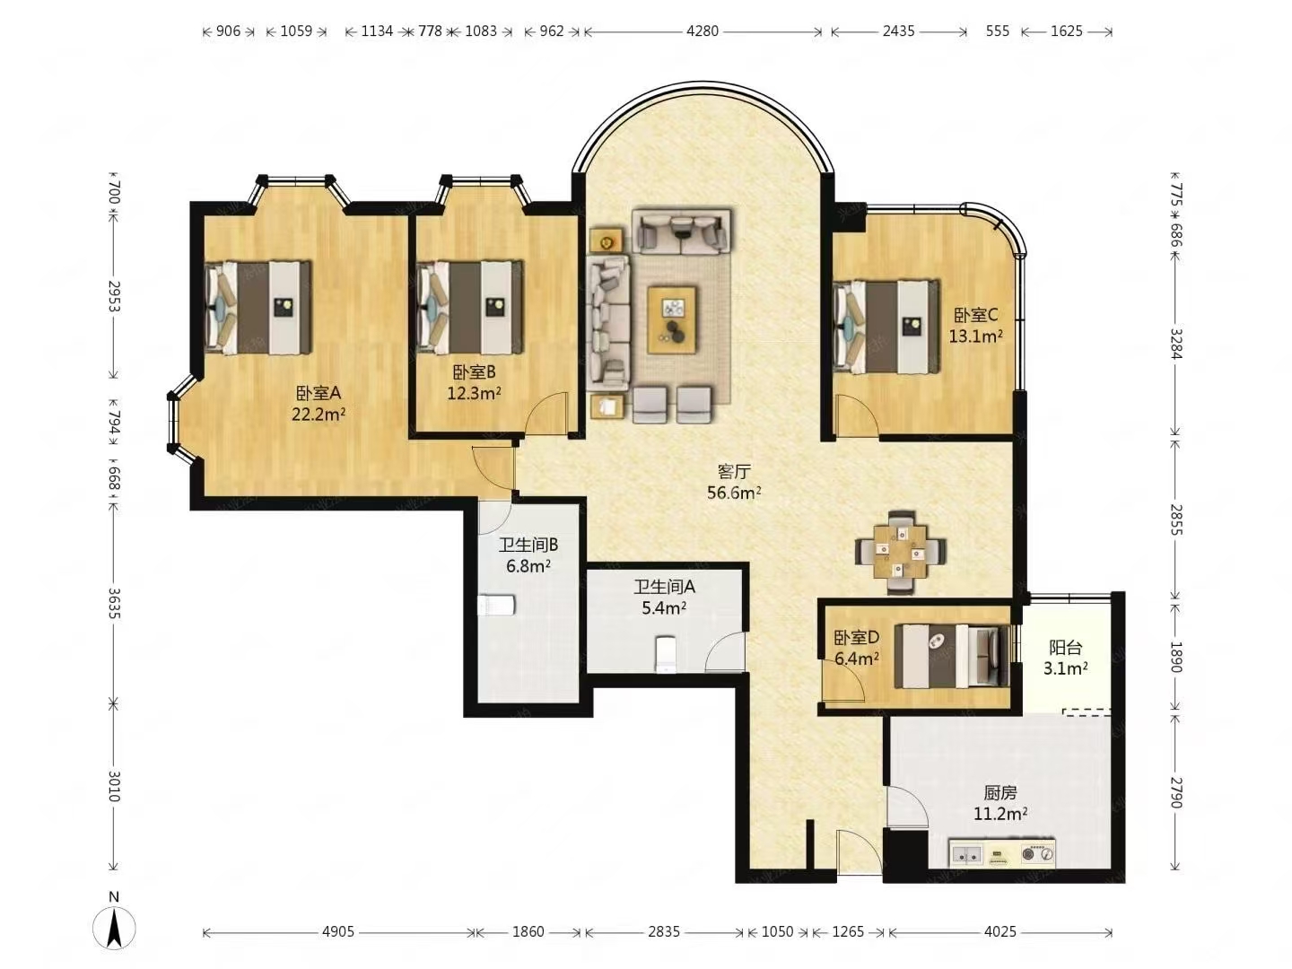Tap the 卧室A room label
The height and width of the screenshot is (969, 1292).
click(x=319, y=392)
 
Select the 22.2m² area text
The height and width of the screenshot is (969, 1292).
click(x=319, y=414)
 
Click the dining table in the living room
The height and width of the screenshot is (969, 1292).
click(x=901, y=552)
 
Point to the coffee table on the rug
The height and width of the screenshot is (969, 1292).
click(x=672, y=320)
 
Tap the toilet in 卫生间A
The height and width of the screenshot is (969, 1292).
click(x=666, y=653)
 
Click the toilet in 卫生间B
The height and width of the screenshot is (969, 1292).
click(x=496, y=605)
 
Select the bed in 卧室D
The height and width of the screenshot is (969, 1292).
click(x=952, y=655)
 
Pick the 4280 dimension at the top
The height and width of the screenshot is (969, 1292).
click(x=703, y=31)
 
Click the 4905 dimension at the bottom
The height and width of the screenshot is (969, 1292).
click(x=338, y=931)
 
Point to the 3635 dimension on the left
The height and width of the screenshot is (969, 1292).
click(x=114, y=603)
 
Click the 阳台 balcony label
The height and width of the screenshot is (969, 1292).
click(x=1065, y=648)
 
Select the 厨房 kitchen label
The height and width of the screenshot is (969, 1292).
click(x=1000, y=793)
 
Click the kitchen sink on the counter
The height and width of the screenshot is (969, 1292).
click(x=966, y=853)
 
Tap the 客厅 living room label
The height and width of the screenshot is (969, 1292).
click(x=734, y=472)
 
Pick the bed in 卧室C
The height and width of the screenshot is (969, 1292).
click(x=886, y=326)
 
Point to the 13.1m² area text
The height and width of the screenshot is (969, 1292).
click(x=975, y=336)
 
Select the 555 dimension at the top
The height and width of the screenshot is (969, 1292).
click(x=997, y=31)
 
